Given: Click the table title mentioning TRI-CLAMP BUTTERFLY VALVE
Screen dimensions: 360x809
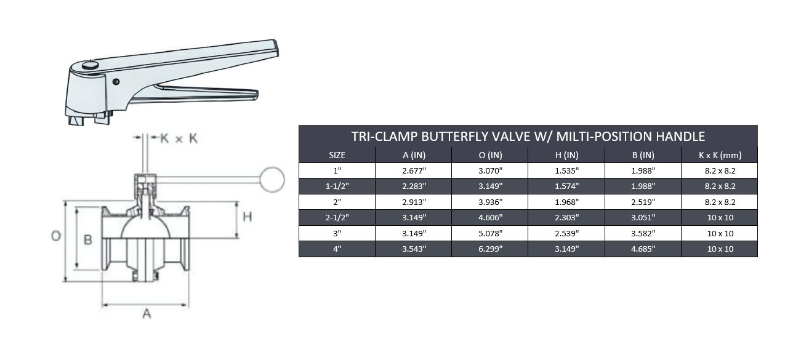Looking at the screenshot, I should click(528, 136).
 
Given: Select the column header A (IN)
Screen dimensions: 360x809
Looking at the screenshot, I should click(413, 155).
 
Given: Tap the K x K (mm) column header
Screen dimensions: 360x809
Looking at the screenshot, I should click(720, 155).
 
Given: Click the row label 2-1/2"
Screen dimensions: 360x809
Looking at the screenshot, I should click(337, 217).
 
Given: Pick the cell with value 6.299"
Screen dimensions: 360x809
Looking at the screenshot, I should click(490, 249).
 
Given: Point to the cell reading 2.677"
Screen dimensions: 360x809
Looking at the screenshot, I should click(413, 170).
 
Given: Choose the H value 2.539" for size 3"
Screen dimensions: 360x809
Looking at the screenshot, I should click(566, 233).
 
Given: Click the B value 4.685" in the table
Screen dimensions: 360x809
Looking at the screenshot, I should click(643, 249).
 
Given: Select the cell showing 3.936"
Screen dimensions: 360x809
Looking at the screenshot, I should click(490, 202).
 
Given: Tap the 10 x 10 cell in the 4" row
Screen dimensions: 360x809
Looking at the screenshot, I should click(720, 249).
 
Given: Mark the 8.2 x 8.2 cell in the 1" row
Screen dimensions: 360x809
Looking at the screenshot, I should click(720, 170).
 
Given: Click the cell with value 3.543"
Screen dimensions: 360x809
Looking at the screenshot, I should click(413, 249).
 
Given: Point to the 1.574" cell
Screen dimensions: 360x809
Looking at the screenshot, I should click(566, 186).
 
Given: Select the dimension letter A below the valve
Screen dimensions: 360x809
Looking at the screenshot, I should click(147, 314).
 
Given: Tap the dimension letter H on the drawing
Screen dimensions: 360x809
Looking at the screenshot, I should click(247, 217).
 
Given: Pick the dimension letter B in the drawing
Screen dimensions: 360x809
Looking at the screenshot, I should click(87, 239).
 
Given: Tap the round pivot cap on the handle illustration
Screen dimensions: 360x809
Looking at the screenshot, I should click(90, 64).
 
